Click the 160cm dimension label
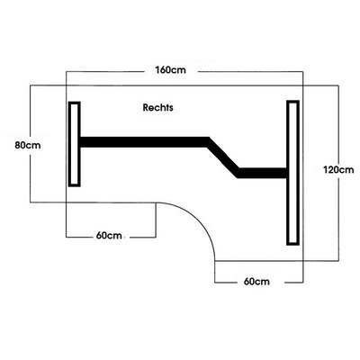[170, 70]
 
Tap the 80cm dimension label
[28, 145]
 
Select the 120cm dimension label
[338, 170]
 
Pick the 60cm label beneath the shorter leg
[109, 236]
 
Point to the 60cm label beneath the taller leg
[256, 282]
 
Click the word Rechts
[157, 107]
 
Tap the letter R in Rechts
[146, 107]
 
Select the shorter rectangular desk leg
[75, 144]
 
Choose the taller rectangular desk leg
[292, 173]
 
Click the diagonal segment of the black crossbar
[223, 157]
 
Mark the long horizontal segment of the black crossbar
[144, 142]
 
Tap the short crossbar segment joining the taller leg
[263, 173]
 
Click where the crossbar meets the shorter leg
[80, 142]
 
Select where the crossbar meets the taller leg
[287, 173]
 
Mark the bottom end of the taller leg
[292, 244]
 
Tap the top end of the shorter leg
[75, 103]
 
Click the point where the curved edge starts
[156, 202]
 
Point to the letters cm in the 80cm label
[35, 146]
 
